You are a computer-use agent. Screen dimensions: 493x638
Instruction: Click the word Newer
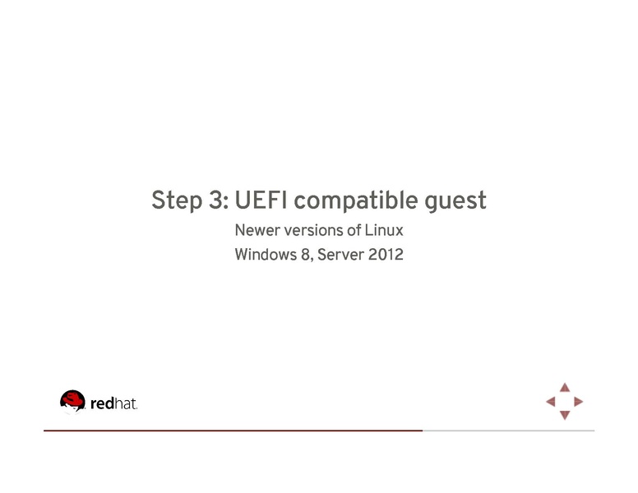pyautogui.click(x=256, y=231)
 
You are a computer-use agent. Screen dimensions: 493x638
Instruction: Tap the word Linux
pyautogui.click(x=383, y=231)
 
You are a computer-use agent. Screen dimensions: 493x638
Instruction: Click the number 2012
pyautogui.click(x=386, y=255)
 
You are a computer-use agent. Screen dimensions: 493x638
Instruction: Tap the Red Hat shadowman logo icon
pyautogui.click(x=72, y=401)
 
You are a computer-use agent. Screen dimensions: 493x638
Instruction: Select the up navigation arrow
pyautogui.click(x=565, y=386)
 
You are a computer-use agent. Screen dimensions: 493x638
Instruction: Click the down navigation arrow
pyautogui.click(x=565, y=416)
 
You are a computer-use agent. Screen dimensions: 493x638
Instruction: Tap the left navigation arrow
pyautogui.click(x=550, y=402)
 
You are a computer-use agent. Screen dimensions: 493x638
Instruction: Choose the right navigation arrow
pyautogui.click(x=579, y=402)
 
